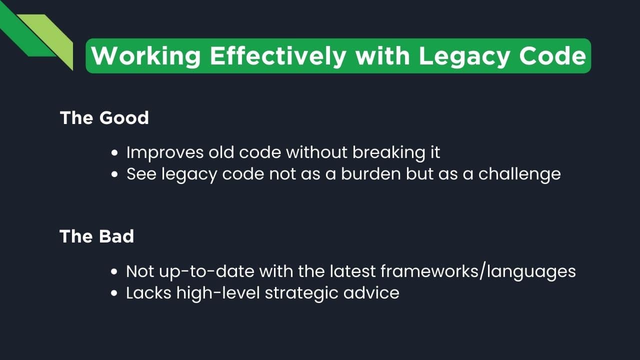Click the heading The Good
(104, 118)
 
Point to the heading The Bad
(97, 236)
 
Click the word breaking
(389, 152)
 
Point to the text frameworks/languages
(478, 271)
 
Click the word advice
(371, 292)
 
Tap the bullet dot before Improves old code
(115, 153)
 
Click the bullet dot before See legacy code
(115, 174)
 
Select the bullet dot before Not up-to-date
(115, 272)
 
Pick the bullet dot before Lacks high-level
(115, 293)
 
